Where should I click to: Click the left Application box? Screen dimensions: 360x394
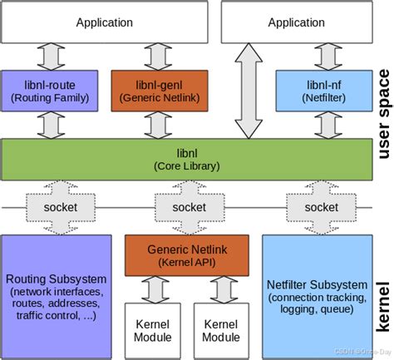pos(104,23)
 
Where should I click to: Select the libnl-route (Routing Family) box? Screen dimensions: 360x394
pos(56,91)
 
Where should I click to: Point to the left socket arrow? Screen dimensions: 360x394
pos(56,207)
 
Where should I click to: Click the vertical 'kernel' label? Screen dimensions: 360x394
pos(382,304)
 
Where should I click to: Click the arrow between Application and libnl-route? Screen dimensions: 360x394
pos(56,57)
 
